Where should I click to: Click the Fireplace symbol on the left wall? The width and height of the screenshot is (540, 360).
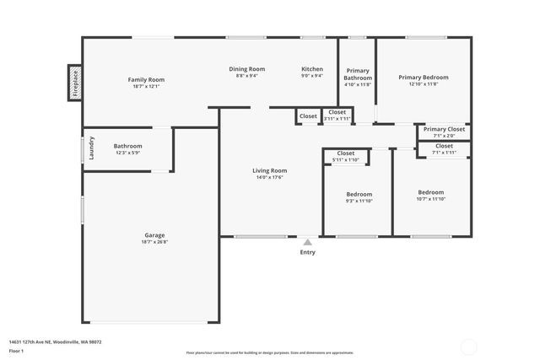tap(74, 83)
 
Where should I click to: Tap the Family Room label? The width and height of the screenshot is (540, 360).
tap(146, 79)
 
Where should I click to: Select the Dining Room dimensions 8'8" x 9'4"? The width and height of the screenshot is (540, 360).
tap(246, 76)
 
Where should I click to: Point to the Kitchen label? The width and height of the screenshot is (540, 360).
tap(312, 69)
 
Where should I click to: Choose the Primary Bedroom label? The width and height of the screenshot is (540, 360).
tap(424, 78)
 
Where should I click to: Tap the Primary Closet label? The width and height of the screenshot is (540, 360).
tap(444, 129)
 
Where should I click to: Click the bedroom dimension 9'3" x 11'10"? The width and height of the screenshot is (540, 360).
tap(359, 201)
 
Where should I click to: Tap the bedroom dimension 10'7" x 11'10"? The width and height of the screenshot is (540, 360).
tap(431, 199)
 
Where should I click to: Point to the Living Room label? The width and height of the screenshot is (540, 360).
tap(270, 170)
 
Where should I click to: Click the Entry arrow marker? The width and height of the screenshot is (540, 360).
tap(308, 241)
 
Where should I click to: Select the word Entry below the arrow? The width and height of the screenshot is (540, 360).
tap(308, 252)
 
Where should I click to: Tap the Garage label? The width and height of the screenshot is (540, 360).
tap(154, 235)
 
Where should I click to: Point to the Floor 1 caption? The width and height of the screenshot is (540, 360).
tap(16, 351)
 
